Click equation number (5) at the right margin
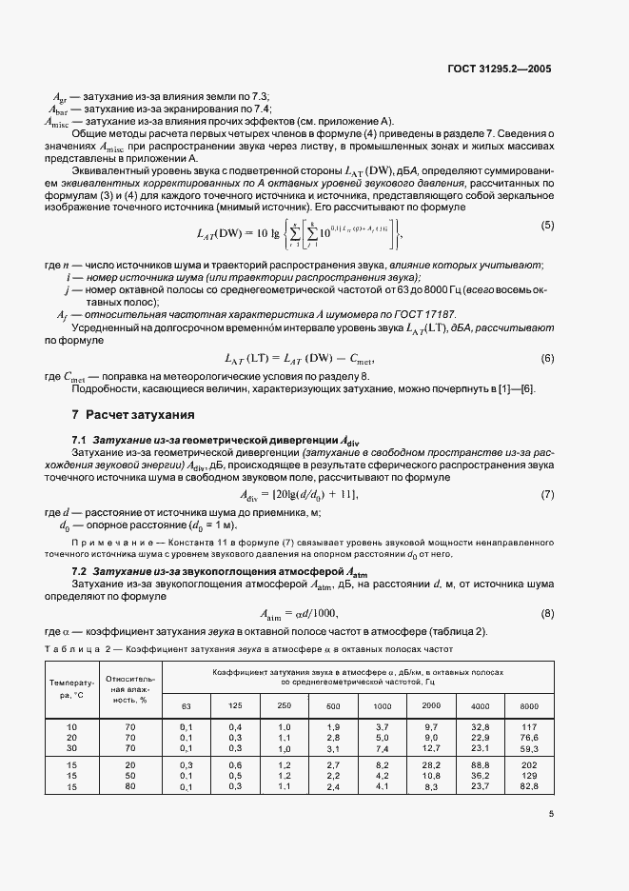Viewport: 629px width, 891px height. click(547, 251)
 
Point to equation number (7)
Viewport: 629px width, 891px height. click(547, 495)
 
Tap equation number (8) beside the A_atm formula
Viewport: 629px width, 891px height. click(547, 613)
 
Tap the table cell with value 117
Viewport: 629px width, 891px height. click(530, 726)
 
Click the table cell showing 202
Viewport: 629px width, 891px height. click(530, 764)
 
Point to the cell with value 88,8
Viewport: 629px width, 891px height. click(479, 764)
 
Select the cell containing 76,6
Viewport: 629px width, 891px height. click(530, 737)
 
